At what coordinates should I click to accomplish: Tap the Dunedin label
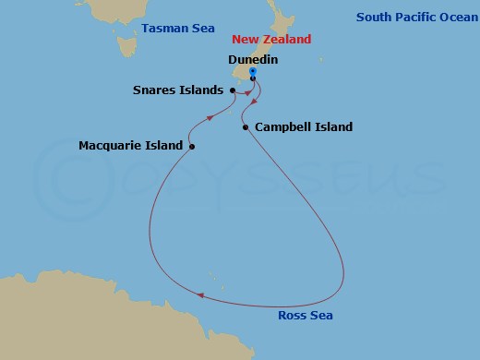pos(253,59)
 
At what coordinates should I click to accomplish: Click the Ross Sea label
pos(306,316)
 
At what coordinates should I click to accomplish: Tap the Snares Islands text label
pos(177,90)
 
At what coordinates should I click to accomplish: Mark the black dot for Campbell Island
pos(245,126)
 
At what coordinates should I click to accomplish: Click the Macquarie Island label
pos(130,146)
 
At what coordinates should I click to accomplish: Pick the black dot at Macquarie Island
pos(192,146)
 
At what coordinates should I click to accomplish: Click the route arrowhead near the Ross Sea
pos(202,296)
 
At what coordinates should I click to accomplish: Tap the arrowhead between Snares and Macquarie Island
pos(210,118)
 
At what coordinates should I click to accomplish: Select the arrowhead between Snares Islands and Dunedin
pos(247,89)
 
